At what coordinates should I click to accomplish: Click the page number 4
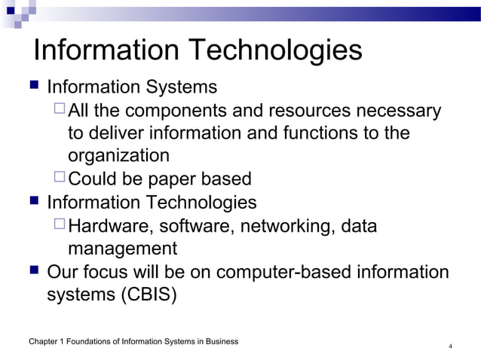coord(450,346)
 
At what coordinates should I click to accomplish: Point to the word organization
coord(118,156)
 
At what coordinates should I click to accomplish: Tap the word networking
coord(290,227)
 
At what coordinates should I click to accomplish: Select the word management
coord(122,249)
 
